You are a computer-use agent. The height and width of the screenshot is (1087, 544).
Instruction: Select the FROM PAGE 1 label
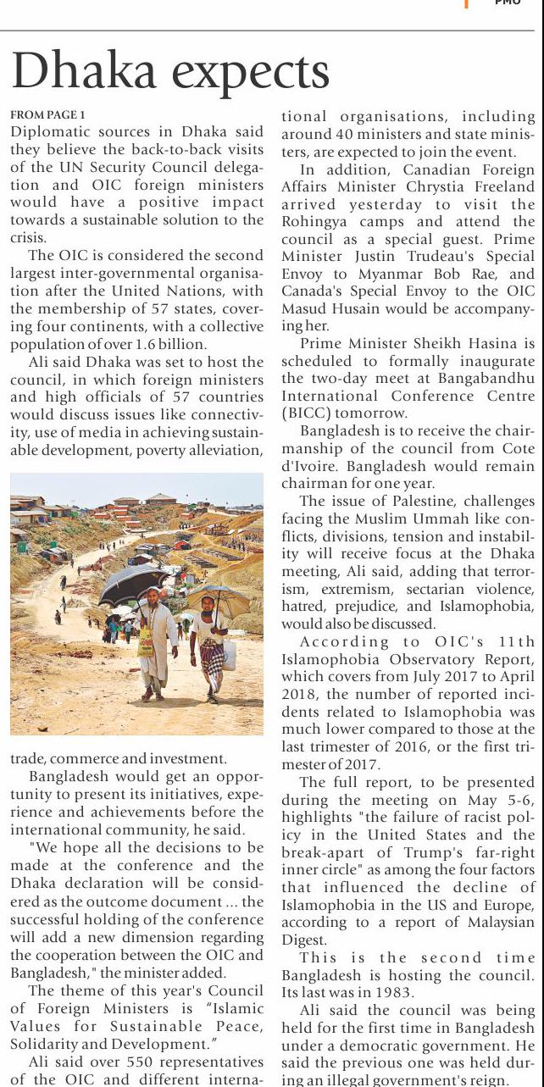pos(47,114)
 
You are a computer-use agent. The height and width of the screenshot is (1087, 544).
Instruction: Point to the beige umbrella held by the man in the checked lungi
pos(219,599)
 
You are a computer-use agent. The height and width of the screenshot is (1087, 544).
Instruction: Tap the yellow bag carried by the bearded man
pos(145,641)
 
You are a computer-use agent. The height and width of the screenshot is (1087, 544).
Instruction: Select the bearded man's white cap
pos(153,591)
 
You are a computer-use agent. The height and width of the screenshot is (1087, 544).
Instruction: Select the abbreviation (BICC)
pos(307,413)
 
